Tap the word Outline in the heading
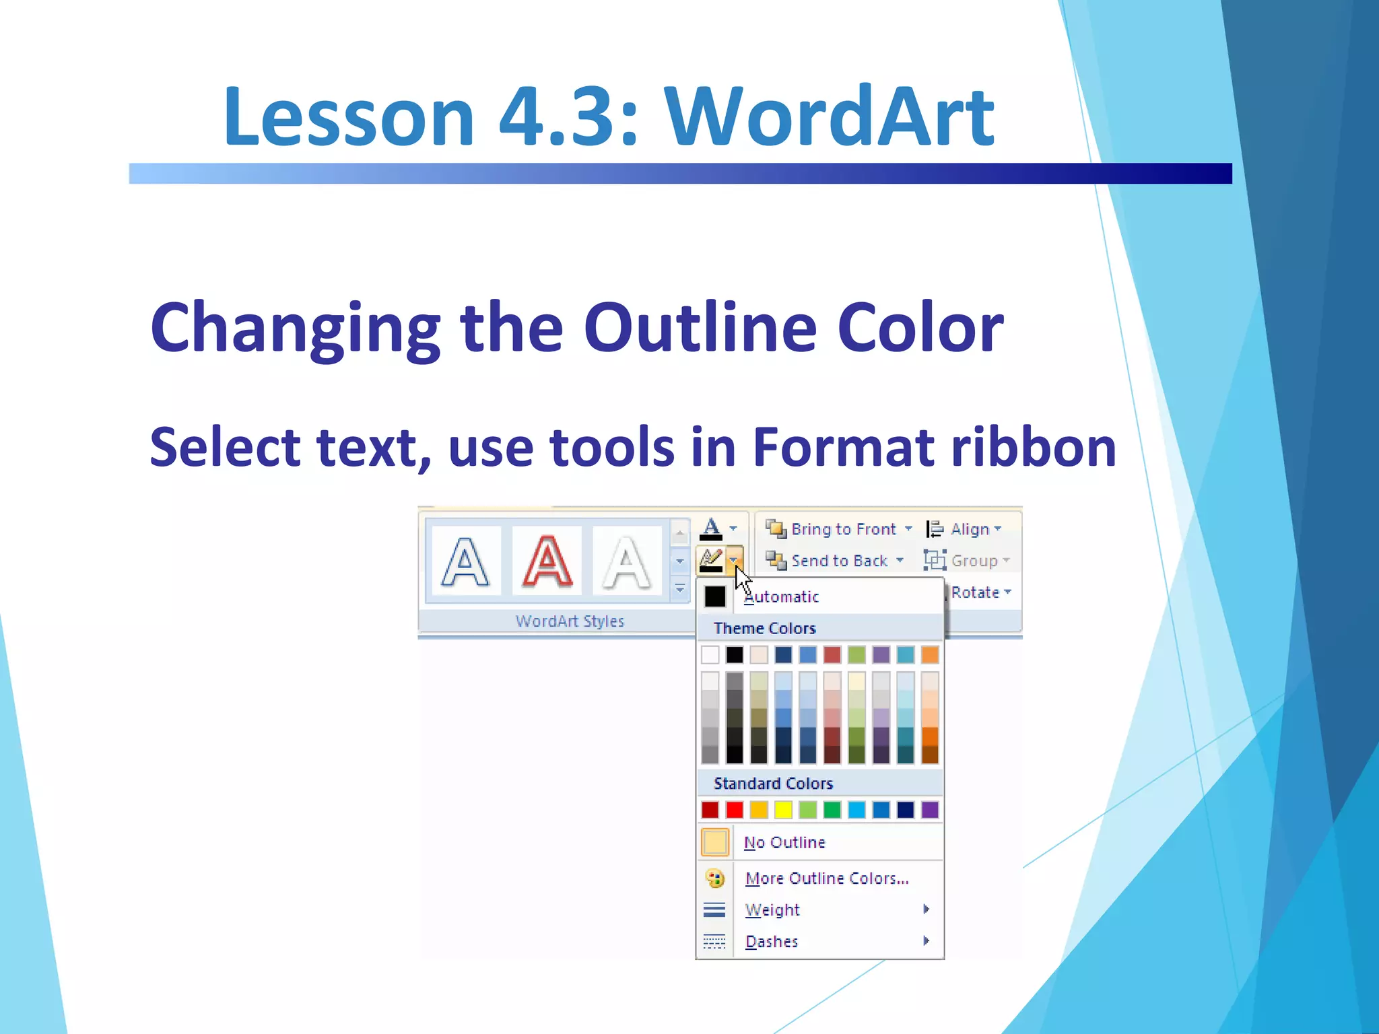tap(700, 328)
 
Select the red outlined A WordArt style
tap(547, 561)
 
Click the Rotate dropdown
tap(980, 592)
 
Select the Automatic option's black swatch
tap(715, 596)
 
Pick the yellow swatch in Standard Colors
tap(783, 810)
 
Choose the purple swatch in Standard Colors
tap(930, 810)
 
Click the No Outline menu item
tap(784, 843)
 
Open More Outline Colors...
tap(827, 878)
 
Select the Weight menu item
tap(772, 910)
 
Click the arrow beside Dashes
tap(927, 941)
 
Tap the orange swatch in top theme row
tap(930, 654)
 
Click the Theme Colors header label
tap(764, 629)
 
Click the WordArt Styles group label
tap(570, 621)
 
